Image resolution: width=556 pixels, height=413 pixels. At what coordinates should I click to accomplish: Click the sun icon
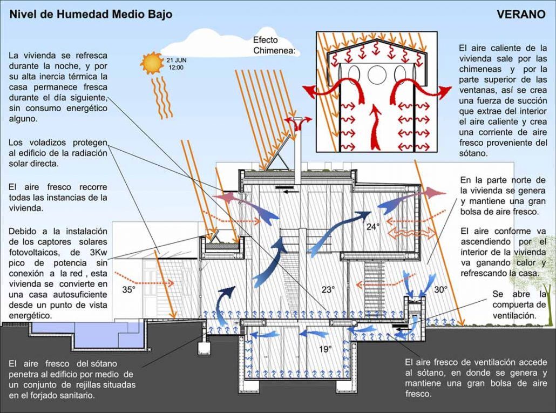click(152, 63)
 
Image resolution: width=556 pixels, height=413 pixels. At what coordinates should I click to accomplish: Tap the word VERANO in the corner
click(520, 14)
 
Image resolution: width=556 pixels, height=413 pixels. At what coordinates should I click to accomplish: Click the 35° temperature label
click(128, 289)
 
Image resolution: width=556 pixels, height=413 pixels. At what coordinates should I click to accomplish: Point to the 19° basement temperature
click(325, 349)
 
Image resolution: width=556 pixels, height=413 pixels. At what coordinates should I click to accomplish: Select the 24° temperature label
click(372, 227)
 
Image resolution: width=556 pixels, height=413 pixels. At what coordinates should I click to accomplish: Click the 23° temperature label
click(328, 289)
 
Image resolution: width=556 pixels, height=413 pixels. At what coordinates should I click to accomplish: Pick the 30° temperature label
click(441, 289)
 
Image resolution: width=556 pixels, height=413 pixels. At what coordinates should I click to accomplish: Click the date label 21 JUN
click(176, 60)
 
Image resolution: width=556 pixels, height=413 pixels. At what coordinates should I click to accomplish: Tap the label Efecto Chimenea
click(274, 45)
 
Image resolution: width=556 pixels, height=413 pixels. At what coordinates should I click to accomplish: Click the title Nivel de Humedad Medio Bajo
click(91, 14)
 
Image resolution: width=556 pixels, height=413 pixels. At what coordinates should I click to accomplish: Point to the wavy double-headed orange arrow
click(412, 233)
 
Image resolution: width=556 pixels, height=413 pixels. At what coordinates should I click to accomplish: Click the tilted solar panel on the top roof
click(279, 154)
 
